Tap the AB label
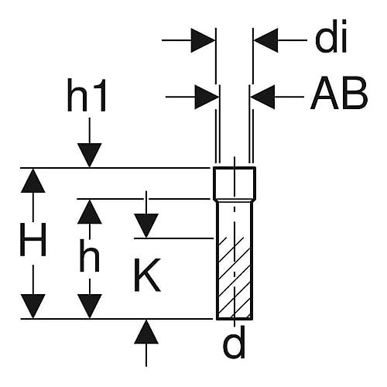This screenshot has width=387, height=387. tap(339, 94)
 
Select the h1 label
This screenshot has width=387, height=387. tap(87, 95)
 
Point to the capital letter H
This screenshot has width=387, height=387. tap(33, 239)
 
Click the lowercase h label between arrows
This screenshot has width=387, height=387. tap(90, 255)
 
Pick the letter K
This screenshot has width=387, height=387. tap(147, 275)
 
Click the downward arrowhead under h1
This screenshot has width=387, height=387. tap(90, 155)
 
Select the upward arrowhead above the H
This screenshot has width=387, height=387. tap(33, 180)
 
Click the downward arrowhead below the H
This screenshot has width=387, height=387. tap(33, 307)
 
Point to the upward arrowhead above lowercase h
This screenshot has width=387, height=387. tap(90, 211)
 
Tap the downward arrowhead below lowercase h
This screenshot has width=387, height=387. tap(90, 307)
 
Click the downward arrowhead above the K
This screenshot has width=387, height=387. tap(146, 226)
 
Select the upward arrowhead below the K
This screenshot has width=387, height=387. tap(146, 332)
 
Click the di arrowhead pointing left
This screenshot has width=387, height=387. tap(266, 40)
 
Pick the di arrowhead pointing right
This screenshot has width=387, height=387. tap(203, 40)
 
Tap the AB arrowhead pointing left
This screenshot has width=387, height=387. tap(262, 97)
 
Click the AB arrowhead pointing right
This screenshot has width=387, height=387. tap(207, 97)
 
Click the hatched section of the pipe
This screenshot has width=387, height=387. tap(235, 278)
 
